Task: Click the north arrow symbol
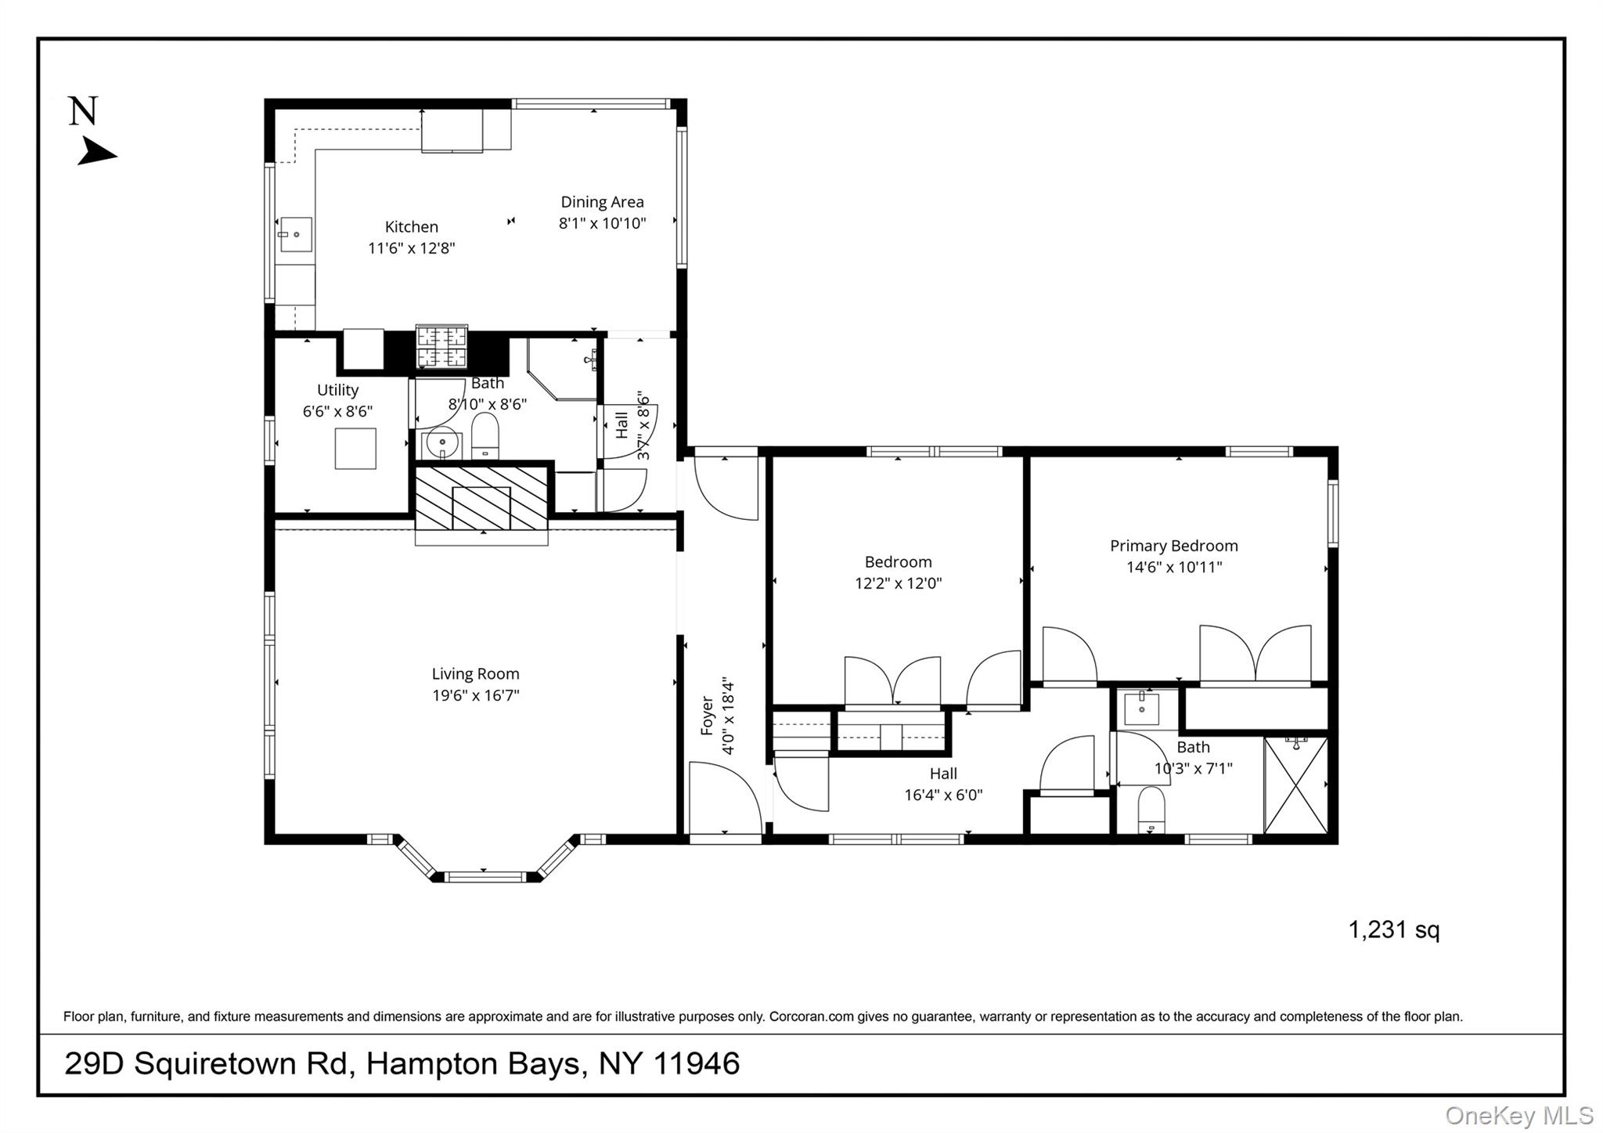[96, 152]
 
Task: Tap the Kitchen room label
[412, 227]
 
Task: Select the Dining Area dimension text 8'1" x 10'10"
[602, 223]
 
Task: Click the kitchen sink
[295, 235]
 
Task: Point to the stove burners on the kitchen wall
[441, 347]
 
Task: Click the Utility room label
[338, 390]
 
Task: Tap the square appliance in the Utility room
[355, 448]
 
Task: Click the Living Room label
[476, 673]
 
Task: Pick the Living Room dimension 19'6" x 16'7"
[476, 695]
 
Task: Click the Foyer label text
[707, 716]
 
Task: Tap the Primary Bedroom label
[1174, 546]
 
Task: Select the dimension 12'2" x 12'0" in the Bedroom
[899, 583]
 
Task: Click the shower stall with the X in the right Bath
[1296, 785]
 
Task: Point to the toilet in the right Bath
[1151, 811]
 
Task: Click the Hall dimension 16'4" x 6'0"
[943, 795]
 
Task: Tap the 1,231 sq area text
[1394, 930]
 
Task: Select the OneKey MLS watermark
[1519, 1115]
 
